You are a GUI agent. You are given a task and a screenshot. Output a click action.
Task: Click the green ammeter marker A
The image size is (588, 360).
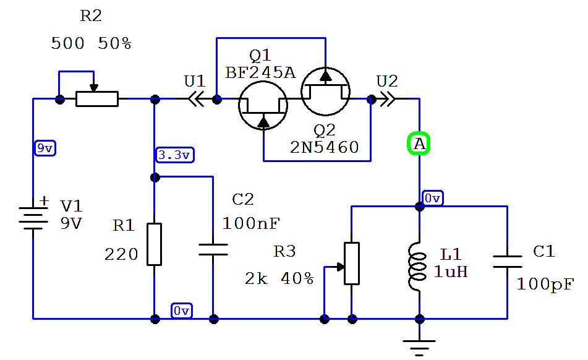pyautogui.click(x=419, y=144)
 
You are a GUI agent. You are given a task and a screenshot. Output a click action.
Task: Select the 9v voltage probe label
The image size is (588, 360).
pyautogui.click(x=45, y=148)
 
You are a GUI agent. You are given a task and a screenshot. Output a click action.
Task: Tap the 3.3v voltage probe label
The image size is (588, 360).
pyautogui.click(x=174, y=155)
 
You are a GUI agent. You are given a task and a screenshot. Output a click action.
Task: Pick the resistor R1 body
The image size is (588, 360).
pyautogui.click(x=154, y=244)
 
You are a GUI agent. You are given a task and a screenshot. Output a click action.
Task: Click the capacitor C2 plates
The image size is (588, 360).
pyautogui.click(x=213, y=249)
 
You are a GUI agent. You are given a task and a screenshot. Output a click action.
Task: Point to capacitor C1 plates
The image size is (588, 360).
pyautogui.click(x=507, y=260)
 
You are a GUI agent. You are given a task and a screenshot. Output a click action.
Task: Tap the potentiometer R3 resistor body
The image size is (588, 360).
pyautogui.click(x=351, y=264)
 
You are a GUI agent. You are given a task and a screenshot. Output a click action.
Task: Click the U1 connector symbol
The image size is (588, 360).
pyautogui.click(x=196, y=99)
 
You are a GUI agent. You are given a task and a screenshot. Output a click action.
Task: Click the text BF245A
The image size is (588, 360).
pyautogui.click(x=260, y=72)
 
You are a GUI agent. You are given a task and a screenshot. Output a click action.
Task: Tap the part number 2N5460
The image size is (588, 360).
pyautogui.click(x=324, y=147)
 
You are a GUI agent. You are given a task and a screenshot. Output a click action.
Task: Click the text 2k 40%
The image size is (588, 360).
pyautogui.click(x=279, y=278)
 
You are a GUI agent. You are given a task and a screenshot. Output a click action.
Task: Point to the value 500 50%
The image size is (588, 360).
pyautogui.click(x=91, y=44)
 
